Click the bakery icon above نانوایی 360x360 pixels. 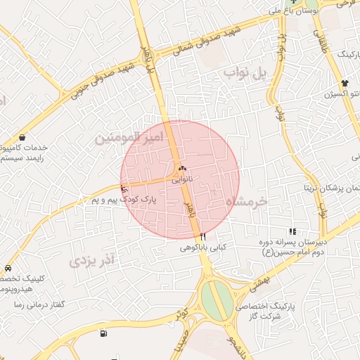[x=183, y=169]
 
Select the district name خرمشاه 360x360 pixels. [x=247, y=201]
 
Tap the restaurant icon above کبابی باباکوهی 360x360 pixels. [x=202, y=237]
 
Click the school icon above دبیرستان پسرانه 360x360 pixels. [x=292, y=231]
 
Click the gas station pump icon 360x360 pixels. [x=104, y=333]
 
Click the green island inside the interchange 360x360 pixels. [x=218, y=299]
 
